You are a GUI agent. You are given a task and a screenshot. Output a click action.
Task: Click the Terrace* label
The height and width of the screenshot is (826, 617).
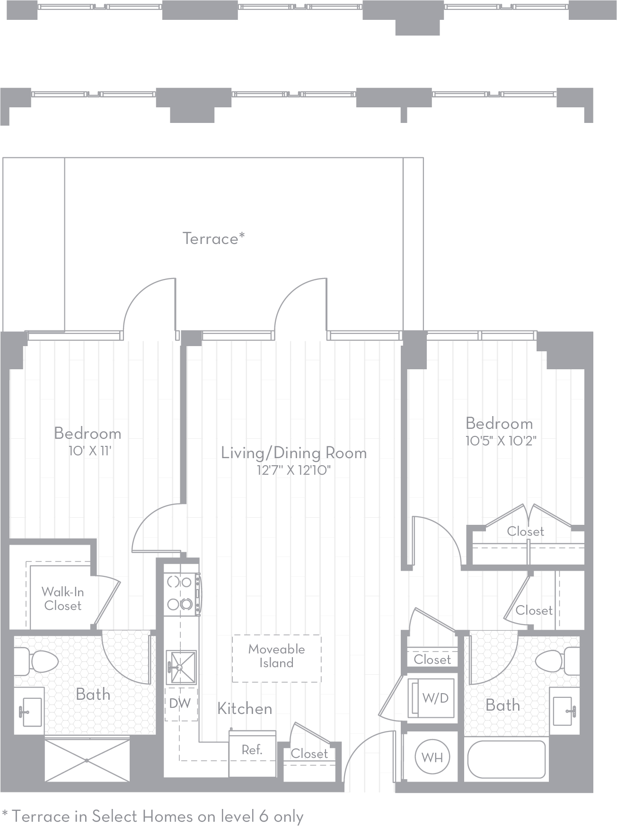pos(213,238)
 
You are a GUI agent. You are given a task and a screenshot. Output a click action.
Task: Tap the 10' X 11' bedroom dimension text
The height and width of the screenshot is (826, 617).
pos(89,451)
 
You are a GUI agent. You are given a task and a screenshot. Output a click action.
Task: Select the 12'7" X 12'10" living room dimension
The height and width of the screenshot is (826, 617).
pos(293,470)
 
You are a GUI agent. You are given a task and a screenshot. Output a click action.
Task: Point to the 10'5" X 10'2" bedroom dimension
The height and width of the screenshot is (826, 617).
pos(501,441)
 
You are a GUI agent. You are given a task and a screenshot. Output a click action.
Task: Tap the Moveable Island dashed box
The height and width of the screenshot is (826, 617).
pos(276,658)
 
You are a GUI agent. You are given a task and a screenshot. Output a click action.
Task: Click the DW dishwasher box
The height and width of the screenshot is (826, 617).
pos(180,704)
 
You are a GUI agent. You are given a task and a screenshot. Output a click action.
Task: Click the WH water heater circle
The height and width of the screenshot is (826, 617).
pos(432,757)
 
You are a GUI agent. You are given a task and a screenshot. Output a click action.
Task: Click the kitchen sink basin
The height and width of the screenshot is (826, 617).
pos(181,667)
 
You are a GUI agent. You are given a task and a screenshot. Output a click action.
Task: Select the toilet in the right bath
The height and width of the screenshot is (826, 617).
pos(556,661)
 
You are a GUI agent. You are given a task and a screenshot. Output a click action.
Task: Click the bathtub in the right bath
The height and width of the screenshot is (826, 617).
pos(506,759)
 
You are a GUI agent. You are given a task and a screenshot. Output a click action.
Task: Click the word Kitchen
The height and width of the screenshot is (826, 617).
pos(245,708)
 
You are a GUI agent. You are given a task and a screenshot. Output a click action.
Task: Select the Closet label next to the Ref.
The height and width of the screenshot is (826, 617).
pos(309,754)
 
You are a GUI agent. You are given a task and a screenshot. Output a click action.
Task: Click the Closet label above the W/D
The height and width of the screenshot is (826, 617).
pos(432,659)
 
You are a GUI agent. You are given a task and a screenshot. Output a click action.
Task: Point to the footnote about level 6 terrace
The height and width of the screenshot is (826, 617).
pos(153,816)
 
